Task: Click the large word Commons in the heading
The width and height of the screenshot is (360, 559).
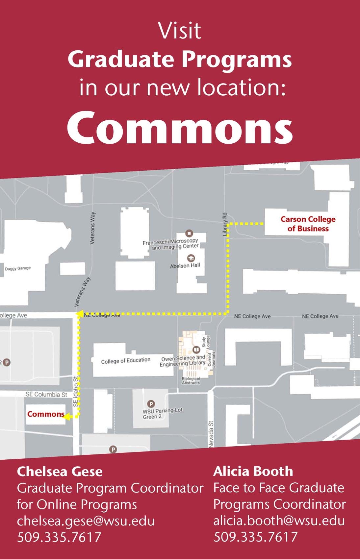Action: coord(180,128)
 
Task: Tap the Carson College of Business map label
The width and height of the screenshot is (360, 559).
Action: coord(308,224)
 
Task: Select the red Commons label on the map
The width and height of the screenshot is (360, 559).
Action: coord(46,414)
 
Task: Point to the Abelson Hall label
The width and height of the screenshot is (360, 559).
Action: coord(185,266)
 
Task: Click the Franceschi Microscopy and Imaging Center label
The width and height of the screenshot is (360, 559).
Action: coord(170,244)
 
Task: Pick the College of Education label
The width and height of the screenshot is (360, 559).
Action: coord(126,361)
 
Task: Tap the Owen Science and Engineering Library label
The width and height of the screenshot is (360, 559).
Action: coord(183,361)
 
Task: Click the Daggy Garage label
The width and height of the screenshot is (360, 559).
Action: coord(18,268)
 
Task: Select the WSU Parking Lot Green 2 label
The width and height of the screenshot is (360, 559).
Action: coord(162,413)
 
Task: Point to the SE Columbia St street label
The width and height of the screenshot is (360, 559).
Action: coord(46,394)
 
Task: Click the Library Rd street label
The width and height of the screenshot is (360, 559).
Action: coord(225,224)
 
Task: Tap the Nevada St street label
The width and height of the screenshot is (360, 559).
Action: coord(211,434)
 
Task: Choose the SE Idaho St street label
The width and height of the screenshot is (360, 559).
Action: coord(76,391)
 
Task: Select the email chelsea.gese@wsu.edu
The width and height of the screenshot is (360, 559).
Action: coord(86,521)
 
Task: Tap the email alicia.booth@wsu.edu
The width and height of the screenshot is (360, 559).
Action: coord(279,521)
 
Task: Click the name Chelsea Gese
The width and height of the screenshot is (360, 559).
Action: coord(60,472)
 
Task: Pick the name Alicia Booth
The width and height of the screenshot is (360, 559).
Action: coord(253,471)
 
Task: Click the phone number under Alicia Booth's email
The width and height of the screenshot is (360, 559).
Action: coord(255,537)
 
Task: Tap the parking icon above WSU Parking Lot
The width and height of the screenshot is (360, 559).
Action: coord(151,403)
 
